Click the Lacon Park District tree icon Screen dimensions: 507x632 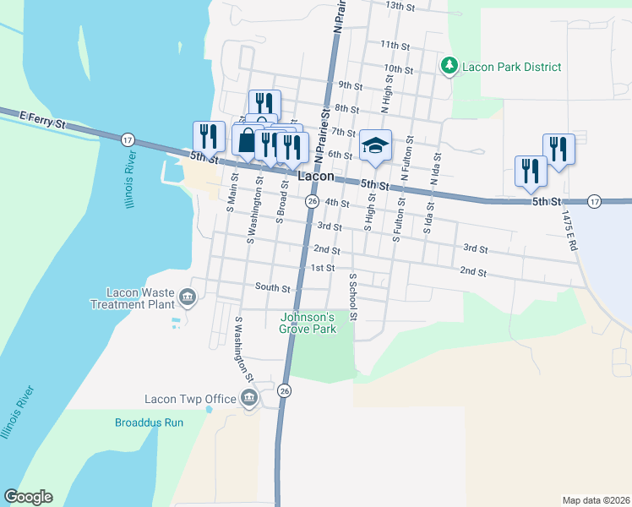[449, 66]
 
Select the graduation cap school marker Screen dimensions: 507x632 [374, 145]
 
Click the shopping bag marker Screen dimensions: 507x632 [246, 141]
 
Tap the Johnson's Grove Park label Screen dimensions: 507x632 [308, 324]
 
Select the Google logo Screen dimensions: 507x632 [28, 497]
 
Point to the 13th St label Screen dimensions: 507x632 [400, 6]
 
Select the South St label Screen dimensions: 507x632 [273, 287]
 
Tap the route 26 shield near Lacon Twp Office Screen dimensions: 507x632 [285, 390]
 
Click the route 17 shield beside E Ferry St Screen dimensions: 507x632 [128, 139]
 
